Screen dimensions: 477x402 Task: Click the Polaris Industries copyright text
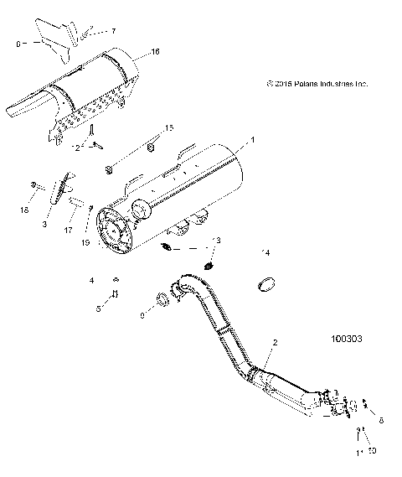coord(317,83)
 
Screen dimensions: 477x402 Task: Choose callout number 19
coord(85,242)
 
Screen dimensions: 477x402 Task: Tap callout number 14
coord(265,252)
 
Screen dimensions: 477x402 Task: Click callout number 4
coord(92,280)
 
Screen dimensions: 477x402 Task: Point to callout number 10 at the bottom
coord(373,449)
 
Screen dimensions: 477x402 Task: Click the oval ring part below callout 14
coord(267,285)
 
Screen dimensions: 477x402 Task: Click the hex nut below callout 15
coord(110,170)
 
